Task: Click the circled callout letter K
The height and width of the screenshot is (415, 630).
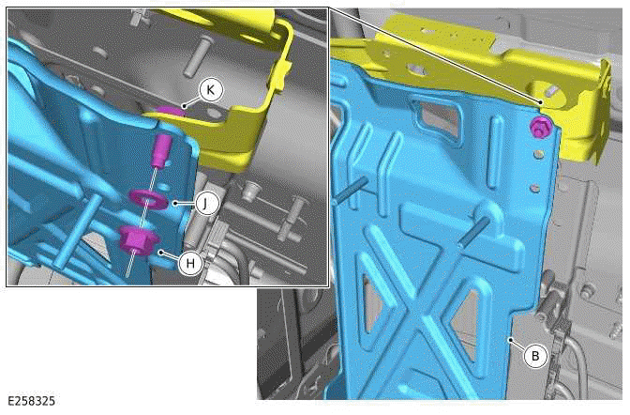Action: click(x=211, y=89)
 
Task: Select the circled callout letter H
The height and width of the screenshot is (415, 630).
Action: click(x=190, y=264)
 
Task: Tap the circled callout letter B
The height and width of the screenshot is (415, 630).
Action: click(x=534, y=356)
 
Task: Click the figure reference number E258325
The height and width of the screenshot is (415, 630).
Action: click(x=30, y=402)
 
